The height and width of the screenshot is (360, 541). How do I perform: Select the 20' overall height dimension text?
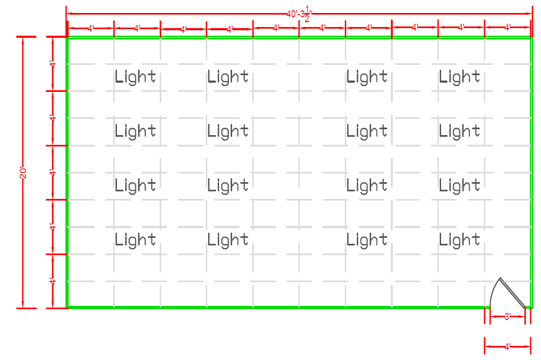click(23, 173)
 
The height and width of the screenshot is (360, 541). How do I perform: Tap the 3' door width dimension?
click(507, 317)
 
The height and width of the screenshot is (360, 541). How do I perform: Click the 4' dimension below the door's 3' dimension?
click(507, 347)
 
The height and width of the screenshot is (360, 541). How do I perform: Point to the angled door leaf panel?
click(513, 292)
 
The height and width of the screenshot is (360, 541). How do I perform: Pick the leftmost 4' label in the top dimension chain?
click(91, 29)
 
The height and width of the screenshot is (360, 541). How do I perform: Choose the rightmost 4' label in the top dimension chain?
click(507, 28)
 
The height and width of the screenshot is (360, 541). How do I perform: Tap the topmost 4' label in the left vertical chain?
click(52, 64)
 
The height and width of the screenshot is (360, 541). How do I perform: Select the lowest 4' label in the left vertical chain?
click(52, 282)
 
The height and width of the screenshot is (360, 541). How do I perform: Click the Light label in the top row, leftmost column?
click(135, 77)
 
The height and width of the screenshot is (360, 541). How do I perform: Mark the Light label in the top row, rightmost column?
click(459, 77)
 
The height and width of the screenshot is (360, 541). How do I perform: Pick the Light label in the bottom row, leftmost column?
click(135, 240)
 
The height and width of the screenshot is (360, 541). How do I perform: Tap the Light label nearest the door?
click(459, 240)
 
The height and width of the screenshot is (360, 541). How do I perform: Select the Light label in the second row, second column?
click(228, 131)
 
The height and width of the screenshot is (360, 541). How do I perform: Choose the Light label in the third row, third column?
click(367, 185)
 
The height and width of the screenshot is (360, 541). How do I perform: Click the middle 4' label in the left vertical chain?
click(52, 173)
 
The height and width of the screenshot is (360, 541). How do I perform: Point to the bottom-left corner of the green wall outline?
click(67, 307)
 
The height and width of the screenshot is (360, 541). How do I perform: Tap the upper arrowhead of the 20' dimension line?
click(23, 40)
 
